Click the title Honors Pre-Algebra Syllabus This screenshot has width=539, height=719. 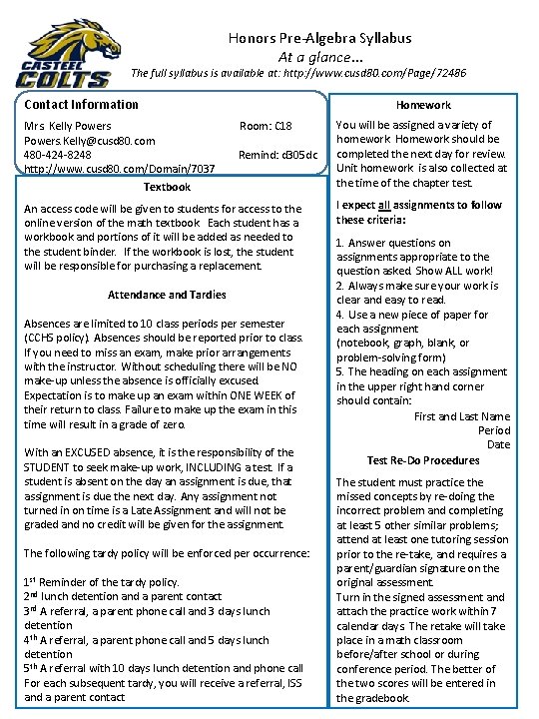pos(319,38)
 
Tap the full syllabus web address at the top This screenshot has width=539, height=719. pos(369,73)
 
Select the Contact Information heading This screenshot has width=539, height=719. pos(82,104)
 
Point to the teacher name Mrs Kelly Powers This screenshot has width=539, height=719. pos(68,127)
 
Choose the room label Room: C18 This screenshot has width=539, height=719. pos(266,127)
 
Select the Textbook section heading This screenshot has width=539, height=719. pos(167,187)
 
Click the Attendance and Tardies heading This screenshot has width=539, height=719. pos(167,295)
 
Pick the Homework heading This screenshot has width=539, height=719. pos(423,104)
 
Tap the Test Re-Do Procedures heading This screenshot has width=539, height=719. pos(423,460)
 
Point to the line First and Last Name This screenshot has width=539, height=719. pos(461,416)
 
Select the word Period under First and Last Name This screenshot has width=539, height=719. pos(493,430)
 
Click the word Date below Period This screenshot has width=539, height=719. pos(498,444)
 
